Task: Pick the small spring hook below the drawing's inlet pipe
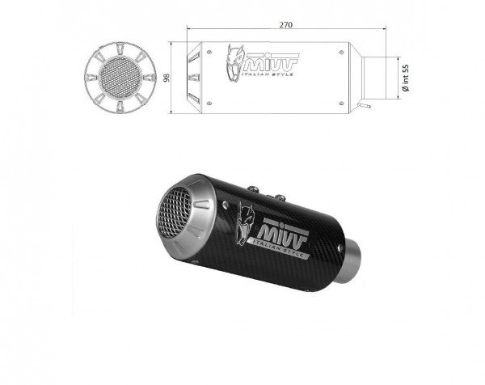[x=366, y=105]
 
